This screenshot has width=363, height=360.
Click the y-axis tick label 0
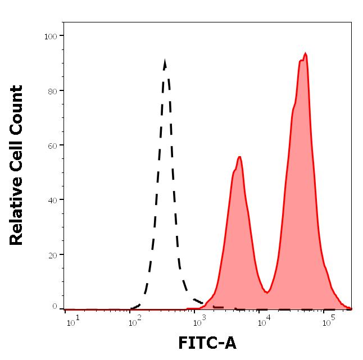pos(55,306)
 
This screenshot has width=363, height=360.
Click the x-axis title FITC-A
pos(207,343)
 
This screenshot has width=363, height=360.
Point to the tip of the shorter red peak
pos(239,157)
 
